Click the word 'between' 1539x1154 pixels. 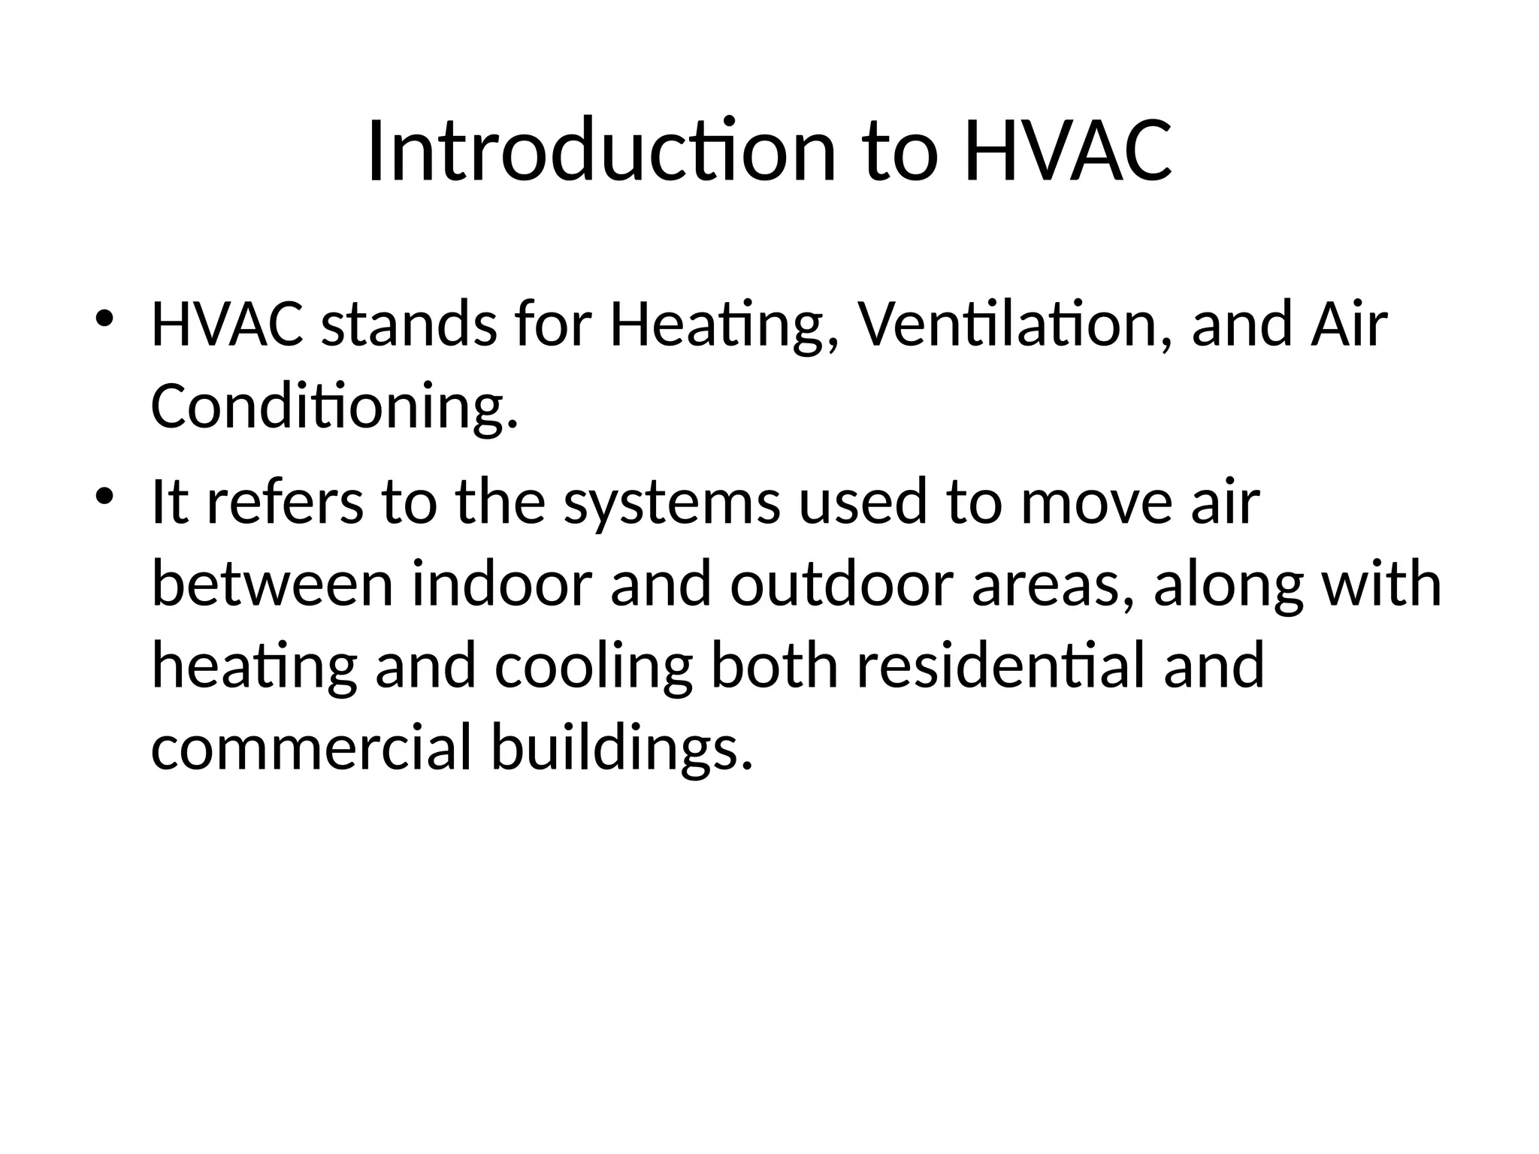[x=272, y=585]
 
